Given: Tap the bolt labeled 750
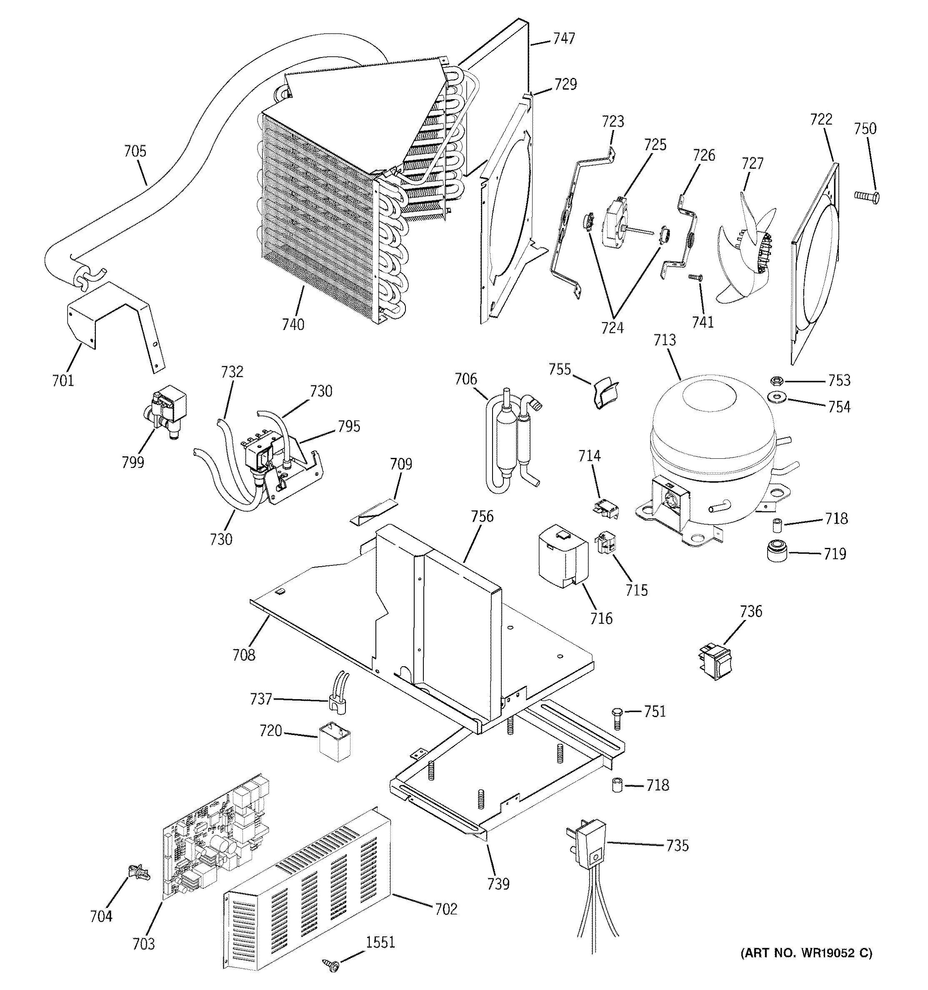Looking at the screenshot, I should [x=867, y=197].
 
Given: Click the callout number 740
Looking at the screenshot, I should [x=293, y=325].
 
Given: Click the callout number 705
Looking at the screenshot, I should [x=135, y=151].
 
